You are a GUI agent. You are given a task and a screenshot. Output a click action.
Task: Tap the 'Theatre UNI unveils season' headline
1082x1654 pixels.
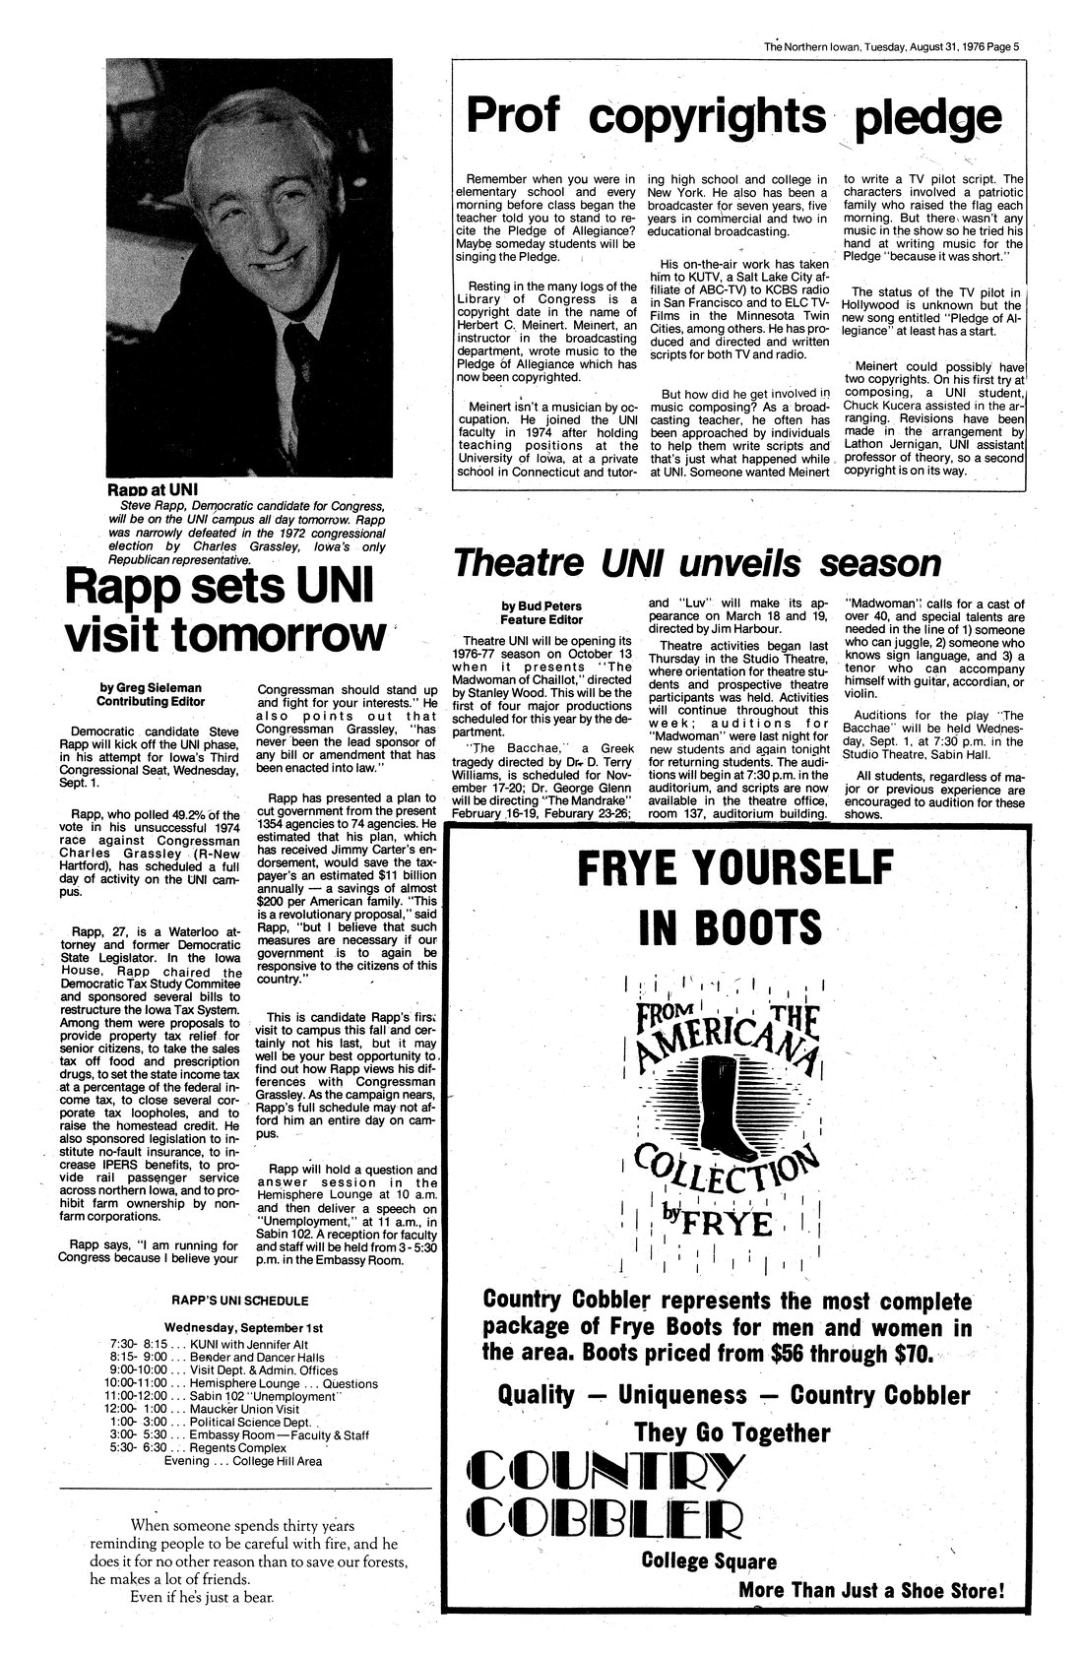pyautogui.click(x=696, y=563)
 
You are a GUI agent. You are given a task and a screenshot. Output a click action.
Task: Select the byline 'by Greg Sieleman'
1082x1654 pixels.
pyautogui.click(x=151, y=686)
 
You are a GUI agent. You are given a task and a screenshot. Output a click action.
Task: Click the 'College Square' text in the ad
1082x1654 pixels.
pyautogui.click(x=708, y=1560)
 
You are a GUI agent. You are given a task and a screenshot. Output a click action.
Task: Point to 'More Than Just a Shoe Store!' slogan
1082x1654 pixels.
pyautogui.click(x=871, y=1591)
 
